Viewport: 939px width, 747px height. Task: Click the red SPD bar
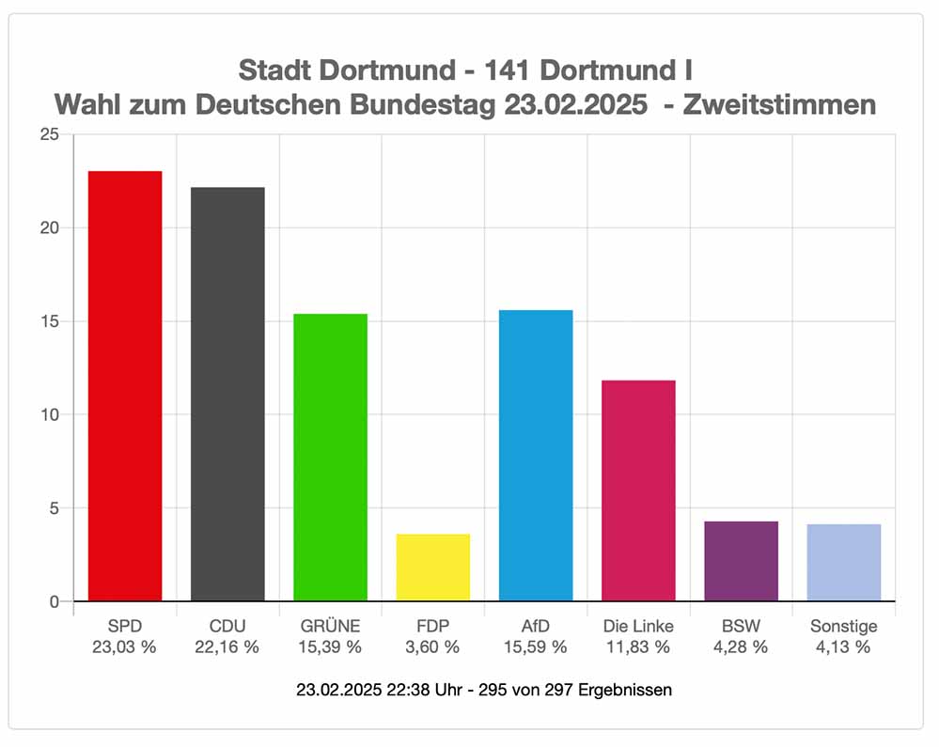tap(125, 385)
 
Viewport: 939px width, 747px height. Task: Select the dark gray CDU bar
tap(227, 394)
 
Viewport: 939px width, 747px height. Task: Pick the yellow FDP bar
tap(432, 568)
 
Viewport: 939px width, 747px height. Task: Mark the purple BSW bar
tap(741, 561)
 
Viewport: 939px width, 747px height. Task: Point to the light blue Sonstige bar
tap(843, 563)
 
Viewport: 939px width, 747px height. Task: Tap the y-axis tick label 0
tap(55, 601)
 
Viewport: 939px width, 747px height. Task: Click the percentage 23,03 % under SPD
tap(124, 646)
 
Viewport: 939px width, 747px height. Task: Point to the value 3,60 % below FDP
tap(432, 646)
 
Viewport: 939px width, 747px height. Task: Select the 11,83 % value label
tap(638, 646)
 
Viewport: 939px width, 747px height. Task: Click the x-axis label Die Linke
tap(638, 626)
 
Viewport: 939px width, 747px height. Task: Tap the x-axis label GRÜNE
tap(330, 626)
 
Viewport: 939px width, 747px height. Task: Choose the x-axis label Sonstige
tap(843, 626)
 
